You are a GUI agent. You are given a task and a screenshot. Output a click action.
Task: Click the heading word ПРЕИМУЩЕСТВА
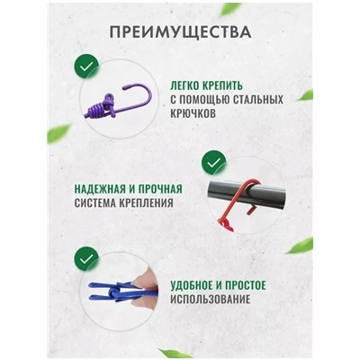pos(180,35)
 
